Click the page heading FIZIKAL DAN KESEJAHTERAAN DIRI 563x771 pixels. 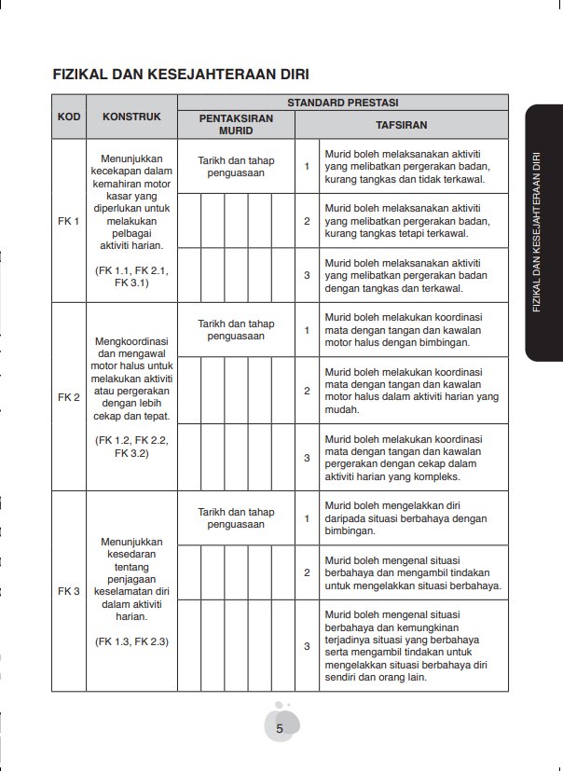[181, 74]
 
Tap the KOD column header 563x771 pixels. [68, 117]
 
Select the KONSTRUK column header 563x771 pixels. [131, 117]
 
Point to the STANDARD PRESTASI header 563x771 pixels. [343, 101]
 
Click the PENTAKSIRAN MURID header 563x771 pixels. [236, 126]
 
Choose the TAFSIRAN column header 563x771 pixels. [402, 124]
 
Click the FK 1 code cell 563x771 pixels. [68, 222]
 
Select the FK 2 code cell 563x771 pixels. [68, 397]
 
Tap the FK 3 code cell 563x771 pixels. [68, 591]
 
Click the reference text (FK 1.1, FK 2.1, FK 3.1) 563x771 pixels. [131, 277]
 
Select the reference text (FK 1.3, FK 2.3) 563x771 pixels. [131, 641]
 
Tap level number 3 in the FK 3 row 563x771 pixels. [307, 645]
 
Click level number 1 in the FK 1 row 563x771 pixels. [307, 167]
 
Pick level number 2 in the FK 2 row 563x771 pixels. [307, 391]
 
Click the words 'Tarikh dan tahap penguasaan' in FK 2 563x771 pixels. [236, 329]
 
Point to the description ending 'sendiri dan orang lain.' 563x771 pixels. [410, 645]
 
